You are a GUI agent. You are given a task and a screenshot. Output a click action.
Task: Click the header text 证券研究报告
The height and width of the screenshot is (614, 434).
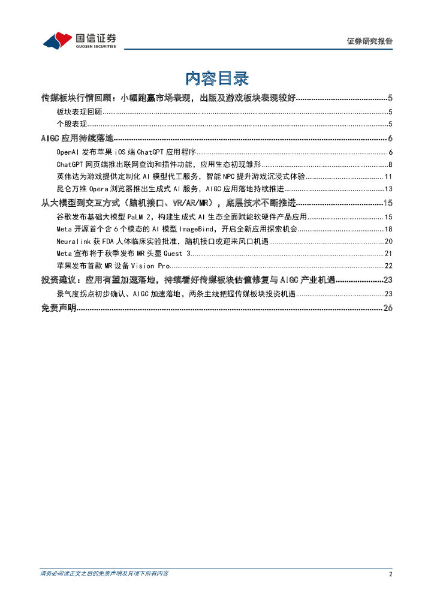370,41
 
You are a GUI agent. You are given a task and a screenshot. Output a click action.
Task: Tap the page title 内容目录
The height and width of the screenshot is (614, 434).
216,78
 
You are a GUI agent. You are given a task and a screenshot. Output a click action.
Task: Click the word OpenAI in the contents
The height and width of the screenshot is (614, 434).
68,152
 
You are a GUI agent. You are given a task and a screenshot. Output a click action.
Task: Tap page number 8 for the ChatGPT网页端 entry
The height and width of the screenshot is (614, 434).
390,164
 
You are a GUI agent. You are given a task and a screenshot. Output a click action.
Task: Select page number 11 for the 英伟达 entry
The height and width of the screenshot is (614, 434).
388,176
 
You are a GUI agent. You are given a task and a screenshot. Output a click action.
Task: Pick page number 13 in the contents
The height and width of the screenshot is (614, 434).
388,189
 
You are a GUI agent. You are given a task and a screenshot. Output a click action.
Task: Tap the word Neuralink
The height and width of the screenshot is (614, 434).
73,240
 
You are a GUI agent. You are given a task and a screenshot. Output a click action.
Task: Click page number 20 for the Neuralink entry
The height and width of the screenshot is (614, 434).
388,240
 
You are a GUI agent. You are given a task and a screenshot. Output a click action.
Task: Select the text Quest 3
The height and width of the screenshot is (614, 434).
177,253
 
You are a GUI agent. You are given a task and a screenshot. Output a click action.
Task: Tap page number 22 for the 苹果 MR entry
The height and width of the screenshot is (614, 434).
388,266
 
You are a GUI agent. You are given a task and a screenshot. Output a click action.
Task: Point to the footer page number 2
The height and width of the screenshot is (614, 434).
390,574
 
